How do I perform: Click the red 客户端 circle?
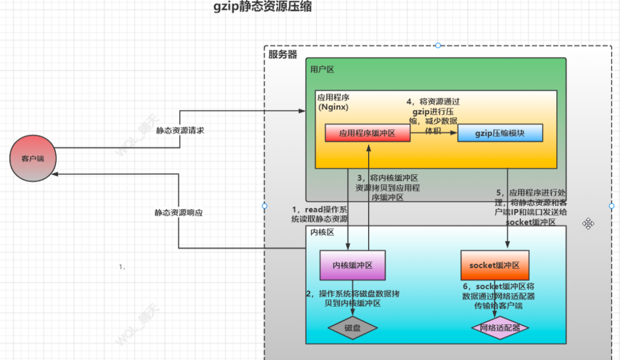tap(33, 158)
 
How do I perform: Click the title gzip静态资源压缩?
tap(263, 8)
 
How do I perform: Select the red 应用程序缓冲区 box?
tap(367, 133)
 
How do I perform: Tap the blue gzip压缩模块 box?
tap(500, 133)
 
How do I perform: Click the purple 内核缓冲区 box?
tap(352, 266)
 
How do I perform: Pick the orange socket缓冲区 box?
tap(494, 265)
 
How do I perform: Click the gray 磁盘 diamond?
tap(352, 328)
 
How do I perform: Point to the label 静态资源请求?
tap(180, 130)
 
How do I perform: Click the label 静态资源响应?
tap(178, 213)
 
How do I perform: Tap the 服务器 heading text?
tap(283, 54)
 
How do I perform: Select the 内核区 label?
tap(322, 232)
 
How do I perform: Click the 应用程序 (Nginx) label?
tap(334, 102)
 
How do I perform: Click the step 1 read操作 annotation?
tap(320, 214)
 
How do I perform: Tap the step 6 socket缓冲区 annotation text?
tap(498, 296)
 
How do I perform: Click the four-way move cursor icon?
tap(588, 223)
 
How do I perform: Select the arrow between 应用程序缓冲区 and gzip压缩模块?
tap(433, 133)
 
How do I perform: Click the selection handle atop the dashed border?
tap(438, 46)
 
